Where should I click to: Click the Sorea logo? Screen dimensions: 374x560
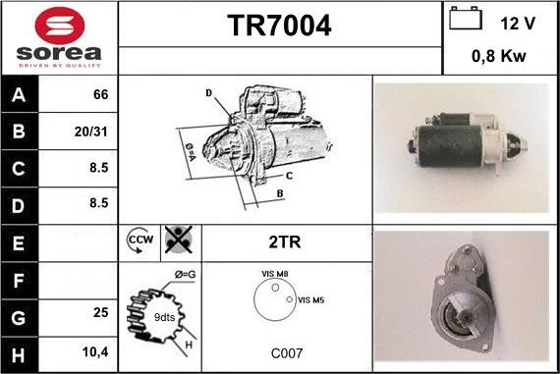click(x=58, y=36)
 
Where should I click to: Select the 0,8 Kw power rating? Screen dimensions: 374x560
click(x=500, y=56)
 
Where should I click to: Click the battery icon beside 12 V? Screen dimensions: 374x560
click(x=466, y=19)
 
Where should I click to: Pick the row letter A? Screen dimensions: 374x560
click(x=18, y=96)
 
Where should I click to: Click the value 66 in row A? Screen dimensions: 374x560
click(x=99, y=95)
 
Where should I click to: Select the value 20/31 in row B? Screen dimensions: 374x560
click(x=93, y=131)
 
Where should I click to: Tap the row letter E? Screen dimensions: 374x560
click(x=18, y=240)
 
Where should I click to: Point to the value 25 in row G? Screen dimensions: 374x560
click(x=99, y=313)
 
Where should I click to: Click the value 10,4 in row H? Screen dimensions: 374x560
click(x=95, y=349)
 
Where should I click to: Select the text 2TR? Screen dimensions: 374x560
click(x=284, y=240)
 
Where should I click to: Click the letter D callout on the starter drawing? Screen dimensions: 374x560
click(x=208, y=93)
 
